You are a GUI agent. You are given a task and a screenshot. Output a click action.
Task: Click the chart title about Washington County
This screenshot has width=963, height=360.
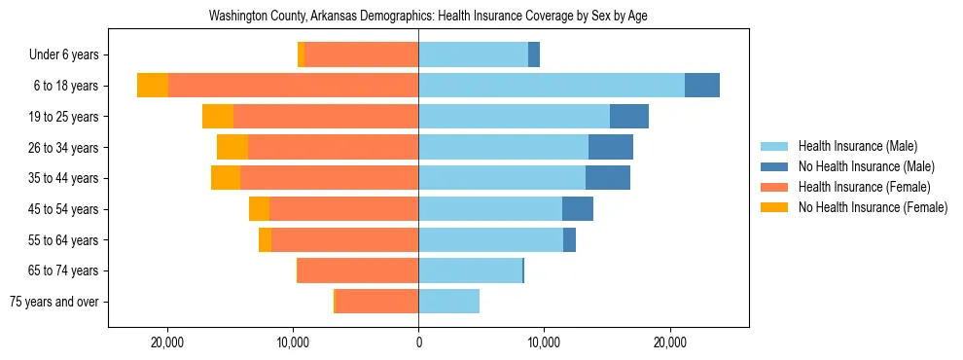click(428, 17)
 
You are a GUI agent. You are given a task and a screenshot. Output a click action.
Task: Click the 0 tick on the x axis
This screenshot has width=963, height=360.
click(418, 342)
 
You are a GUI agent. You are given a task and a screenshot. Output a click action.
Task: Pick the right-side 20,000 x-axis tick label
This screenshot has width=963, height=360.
click(669, 342)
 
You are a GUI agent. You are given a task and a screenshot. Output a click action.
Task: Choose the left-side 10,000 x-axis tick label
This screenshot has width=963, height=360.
click(293, 342)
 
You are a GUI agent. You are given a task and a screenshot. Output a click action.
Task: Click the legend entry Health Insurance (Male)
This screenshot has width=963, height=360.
click(857, 146)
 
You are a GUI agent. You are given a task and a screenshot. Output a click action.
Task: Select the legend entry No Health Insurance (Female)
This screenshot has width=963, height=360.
click(873, 207)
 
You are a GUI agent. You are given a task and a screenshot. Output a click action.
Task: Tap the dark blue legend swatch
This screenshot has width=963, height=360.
click(776, 166)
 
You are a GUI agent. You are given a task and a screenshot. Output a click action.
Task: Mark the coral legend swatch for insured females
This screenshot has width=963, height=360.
click(776, 187)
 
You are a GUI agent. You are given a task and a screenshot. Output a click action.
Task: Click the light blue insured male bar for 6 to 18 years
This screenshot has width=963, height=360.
click(552, 86)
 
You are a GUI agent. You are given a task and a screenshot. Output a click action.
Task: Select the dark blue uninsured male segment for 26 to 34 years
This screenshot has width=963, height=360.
click(611, 147)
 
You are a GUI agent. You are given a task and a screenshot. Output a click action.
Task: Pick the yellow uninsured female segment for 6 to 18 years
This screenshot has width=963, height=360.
click(153, 86)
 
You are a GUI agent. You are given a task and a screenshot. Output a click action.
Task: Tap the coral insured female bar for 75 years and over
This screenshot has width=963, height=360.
click(376, 302)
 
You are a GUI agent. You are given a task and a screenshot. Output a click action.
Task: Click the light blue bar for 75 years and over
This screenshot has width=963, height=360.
click(448, 302)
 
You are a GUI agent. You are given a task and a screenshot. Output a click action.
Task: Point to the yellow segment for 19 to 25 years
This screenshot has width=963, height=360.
click(218, 117)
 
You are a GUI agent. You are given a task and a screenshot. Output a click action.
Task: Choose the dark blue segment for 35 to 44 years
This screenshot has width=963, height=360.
click(608, 178)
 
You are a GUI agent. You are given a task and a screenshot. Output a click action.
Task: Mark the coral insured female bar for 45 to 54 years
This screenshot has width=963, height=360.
click(343, 209)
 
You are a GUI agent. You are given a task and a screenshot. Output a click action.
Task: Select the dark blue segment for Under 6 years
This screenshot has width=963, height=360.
click(534, 54)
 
